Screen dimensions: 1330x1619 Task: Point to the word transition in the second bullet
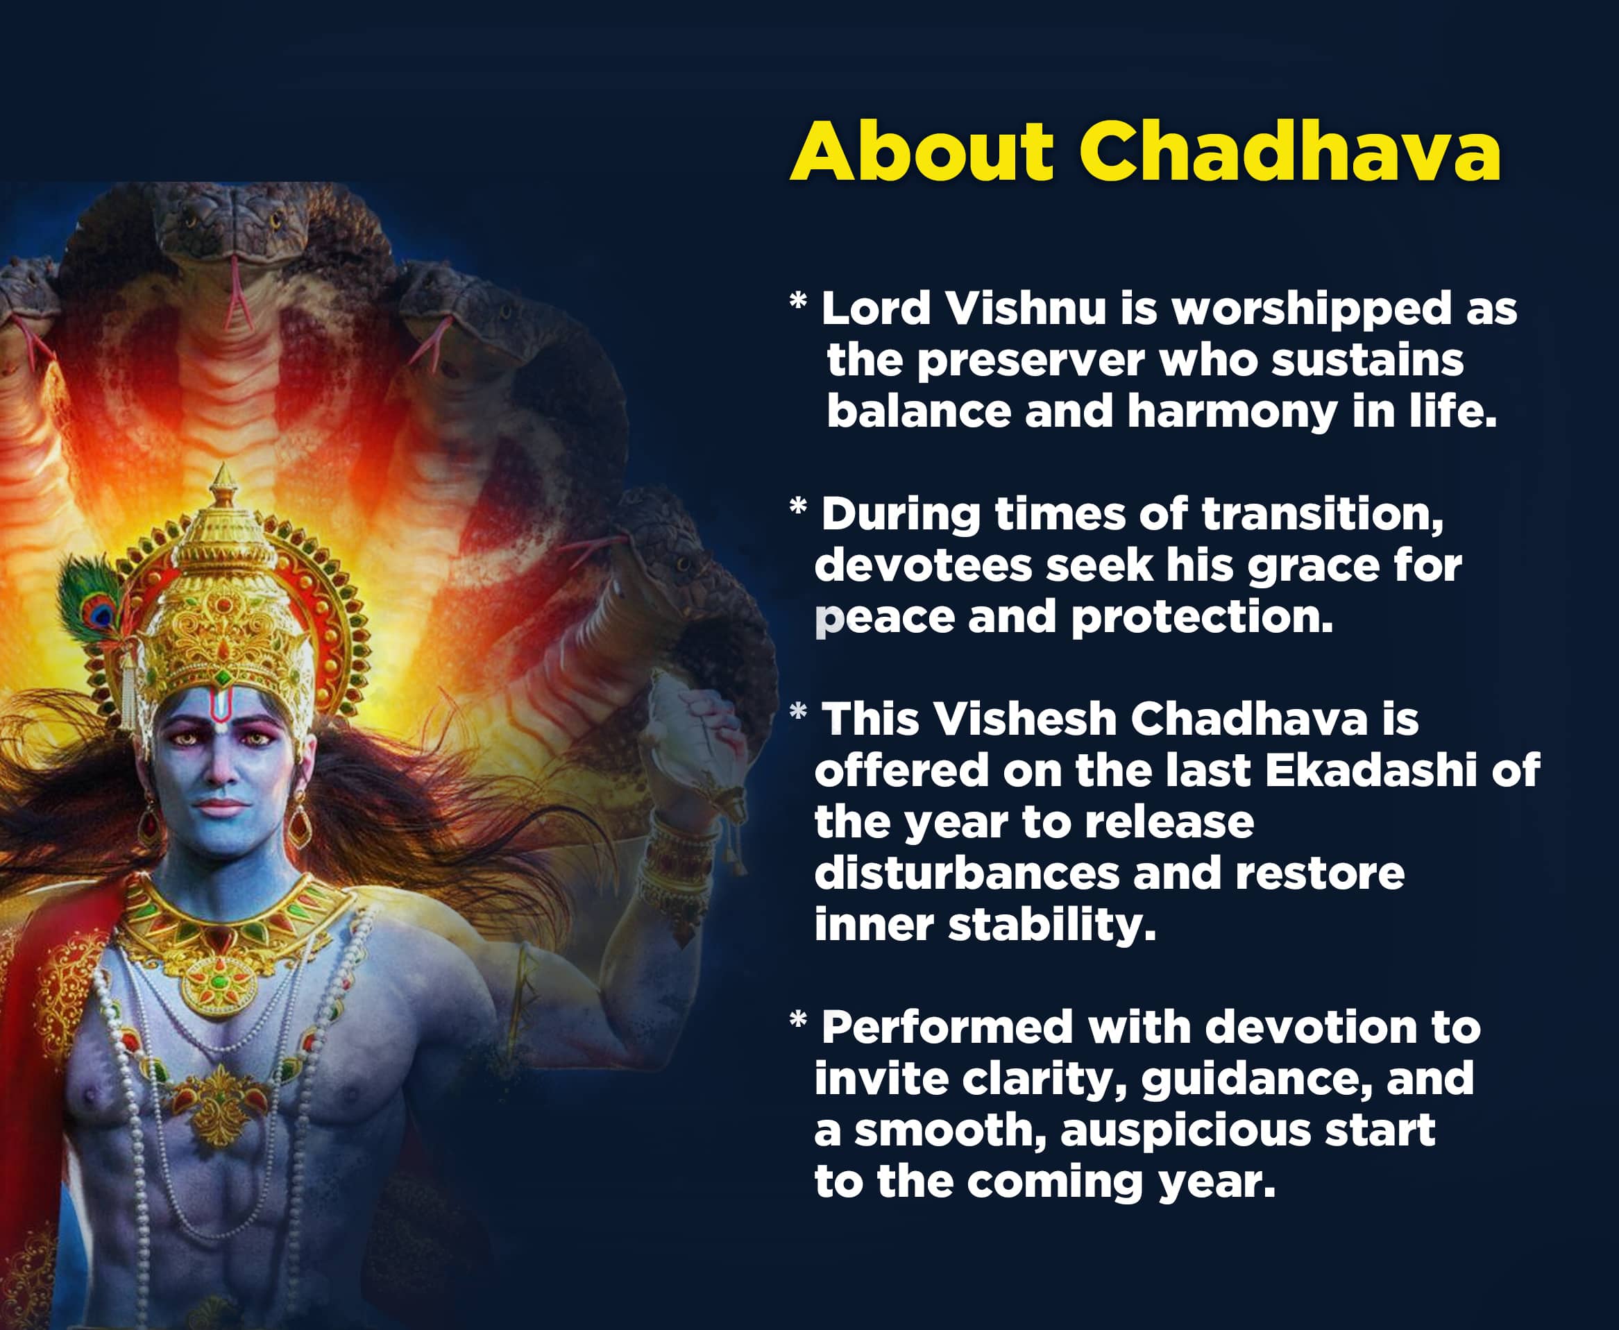click(x=1322, y=514)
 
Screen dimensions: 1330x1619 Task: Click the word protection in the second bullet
click(x=1201, y=617)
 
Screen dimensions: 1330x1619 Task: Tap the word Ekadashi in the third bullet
click(x=1370, y=771)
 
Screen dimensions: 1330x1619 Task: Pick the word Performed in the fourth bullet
click(x=947, y=1028)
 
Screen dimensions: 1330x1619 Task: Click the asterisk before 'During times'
click(x=797, y=506)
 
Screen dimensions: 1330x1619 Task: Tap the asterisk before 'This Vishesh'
click(x=797, y=713)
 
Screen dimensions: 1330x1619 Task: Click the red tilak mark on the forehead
click(x=221, y=708)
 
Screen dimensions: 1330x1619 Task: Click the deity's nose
click(x=221, y=770)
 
